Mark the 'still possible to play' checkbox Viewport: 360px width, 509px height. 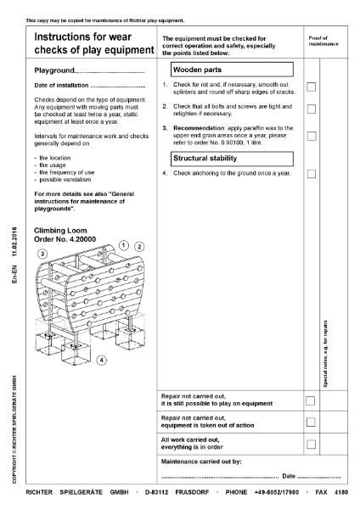click(x=312, y=400)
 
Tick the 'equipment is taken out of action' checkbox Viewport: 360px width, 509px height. click(x=312, y=422)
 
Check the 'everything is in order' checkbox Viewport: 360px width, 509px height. click(x=312, y=444)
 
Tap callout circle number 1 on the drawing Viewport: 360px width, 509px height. click(x=124, y=244)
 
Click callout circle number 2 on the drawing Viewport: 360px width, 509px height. click(x=140, y=247)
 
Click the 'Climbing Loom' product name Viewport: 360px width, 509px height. click(x=63, y=230)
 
